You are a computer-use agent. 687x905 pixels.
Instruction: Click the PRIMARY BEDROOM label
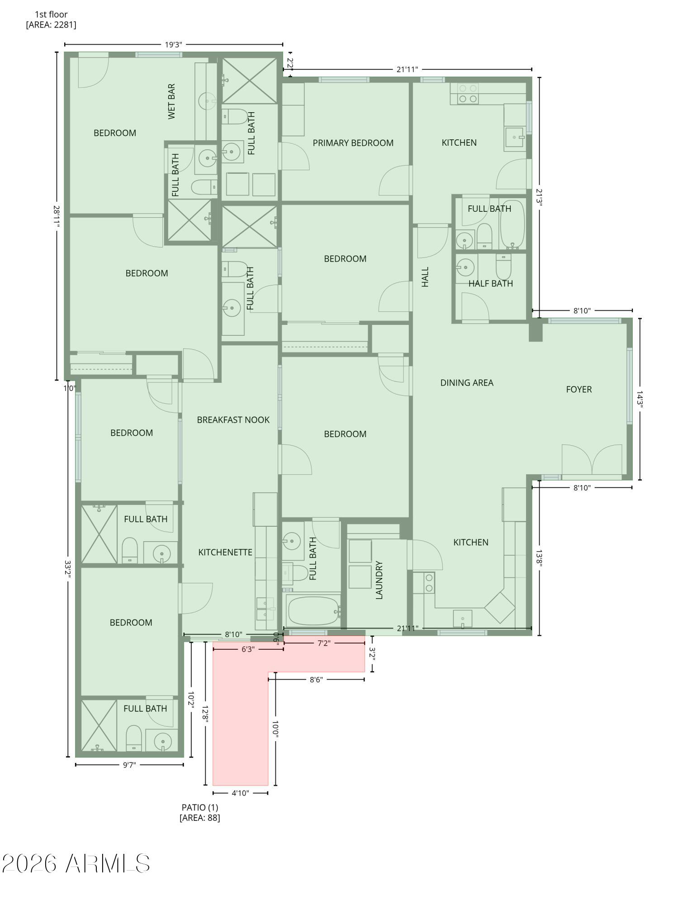click(353, 143)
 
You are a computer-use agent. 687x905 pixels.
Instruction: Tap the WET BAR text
click(171, 101)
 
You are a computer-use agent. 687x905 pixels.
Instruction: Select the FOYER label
click(578, 389)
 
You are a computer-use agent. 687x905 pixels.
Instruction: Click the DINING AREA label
click(466, 383)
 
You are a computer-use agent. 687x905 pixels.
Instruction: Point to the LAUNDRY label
click(379, 580)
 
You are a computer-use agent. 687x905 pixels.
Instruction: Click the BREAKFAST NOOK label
click(233, 420)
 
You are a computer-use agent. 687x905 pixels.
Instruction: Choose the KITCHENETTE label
click(225, 552)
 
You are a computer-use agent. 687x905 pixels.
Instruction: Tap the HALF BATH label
click(490, 284)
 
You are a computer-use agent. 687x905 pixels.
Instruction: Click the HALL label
click(425, 276)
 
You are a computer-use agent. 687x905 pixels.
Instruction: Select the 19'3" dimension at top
click(173, 44)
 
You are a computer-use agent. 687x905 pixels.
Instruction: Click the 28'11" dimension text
click(57, 216)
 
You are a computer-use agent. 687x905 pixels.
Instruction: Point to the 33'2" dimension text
click(68, 571)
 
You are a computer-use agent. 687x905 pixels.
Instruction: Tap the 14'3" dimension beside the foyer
click(640, 399)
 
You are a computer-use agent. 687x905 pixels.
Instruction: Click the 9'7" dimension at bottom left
click(129, 765)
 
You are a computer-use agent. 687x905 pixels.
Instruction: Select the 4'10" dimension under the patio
click(240, 793)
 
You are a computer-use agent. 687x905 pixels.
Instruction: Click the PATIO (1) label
click(199, 807)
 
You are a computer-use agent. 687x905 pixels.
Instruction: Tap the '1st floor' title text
click(51, 14)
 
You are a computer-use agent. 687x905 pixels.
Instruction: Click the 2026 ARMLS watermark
click(76, 863)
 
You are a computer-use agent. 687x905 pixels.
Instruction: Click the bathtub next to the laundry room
click(313, 611)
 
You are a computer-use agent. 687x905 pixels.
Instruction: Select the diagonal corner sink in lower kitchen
click(499, 607)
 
